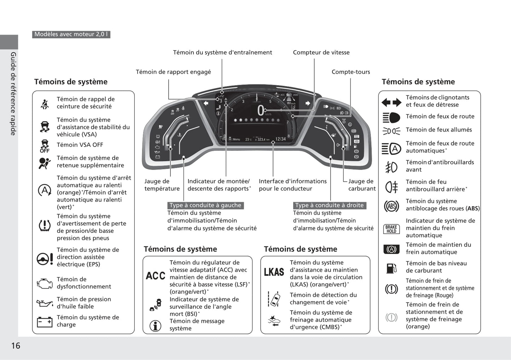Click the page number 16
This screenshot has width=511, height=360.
tap(16, 346)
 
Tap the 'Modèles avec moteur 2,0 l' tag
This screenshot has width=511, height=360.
tap(71, 34)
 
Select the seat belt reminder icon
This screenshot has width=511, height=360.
tap(45, 104)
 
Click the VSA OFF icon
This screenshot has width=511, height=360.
tap(45, 146)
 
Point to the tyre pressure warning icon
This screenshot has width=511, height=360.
tap(45, 225)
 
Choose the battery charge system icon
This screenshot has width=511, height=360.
tap(45, 321)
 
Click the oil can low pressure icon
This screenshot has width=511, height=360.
tap(45, 303)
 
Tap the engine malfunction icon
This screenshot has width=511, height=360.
tap(45, 283)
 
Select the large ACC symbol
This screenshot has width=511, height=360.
tap(155, 276)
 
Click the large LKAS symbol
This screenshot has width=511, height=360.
tap(274, 272)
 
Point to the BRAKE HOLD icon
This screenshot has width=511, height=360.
tap(391, 229)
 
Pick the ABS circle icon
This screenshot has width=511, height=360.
tap(391, 206)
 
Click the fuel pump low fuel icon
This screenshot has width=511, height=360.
tap(391, 268)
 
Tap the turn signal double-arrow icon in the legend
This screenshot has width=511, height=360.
tap(391, 102)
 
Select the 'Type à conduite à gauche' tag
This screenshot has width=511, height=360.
tap(205, 205)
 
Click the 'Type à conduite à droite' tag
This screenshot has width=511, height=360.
tap(329, 205)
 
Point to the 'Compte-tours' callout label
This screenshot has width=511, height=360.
tap(350, 72)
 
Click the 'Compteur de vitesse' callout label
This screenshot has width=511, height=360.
tap(321, 53)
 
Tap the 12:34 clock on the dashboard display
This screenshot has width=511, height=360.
tap(280, 139)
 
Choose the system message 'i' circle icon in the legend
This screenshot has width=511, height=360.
tap(155, 326)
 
